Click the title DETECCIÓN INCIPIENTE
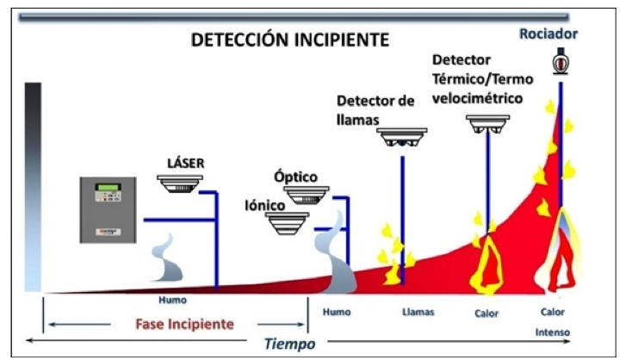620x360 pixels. tap(289, 40)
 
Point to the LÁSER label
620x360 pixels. tap(186, 162)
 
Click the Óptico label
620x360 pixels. tap(296, 177)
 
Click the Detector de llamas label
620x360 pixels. tap(375, 110)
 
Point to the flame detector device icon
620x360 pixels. tap(403, 139)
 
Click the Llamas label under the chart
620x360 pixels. tap(418, 312)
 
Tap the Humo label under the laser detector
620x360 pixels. tap(172, 301)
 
